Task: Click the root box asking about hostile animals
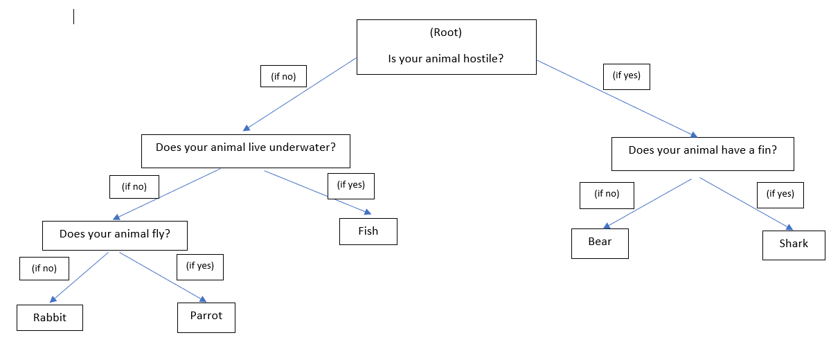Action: [446, 47]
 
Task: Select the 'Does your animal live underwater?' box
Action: [246, 151]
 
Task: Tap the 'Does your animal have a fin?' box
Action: [702, 154]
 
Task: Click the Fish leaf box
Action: [368, 231]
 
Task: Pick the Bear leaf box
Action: [600, 243]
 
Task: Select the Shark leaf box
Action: [794, 245]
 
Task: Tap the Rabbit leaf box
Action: [50, 318]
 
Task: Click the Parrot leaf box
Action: [206, 317]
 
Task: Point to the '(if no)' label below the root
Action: [283, 77]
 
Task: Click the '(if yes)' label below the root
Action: [627, 76]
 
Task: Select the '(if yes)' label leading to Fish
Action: [351, 186]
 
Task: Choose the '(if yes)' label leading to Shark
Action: [780, 195]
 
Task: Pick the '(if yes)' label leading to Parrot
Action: [200, 267]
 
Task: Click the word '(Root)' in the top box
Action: [446, 33]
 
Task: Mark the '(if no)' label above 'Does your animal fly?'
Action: [134, 187]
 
